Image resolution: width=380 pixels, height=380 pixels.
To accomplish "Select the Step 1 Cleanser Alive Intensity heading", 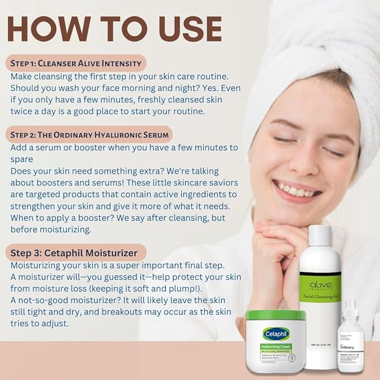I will (x=76, y=62).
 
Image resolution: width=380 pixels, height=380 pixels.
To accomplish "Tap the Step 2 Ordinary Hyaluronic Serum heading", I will (x=89, y=134).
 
